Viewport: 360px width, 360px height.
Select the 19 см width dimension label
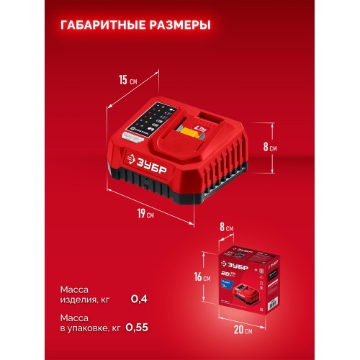coord(146,212)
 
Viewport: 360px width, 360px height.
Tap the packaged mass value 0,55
coord(138,328)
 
